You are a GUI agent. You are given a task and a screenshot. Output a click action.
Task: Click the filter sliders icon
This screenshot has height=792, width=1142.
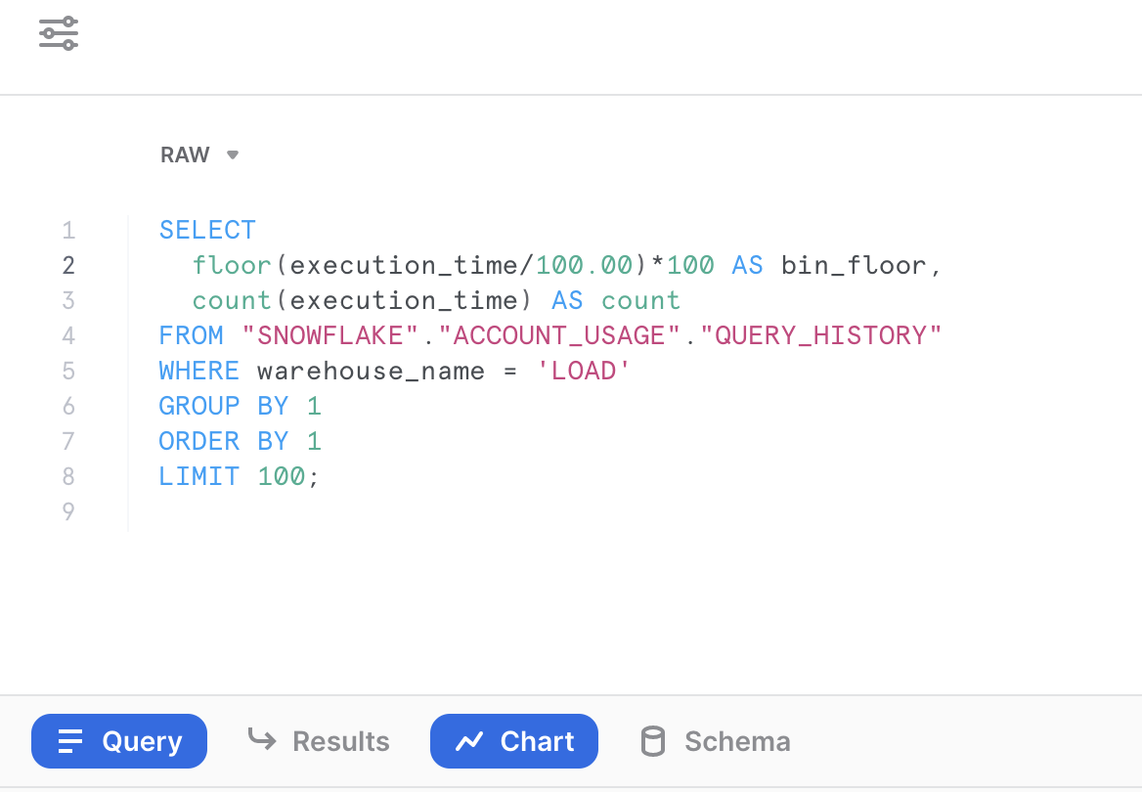[x=59, y=33]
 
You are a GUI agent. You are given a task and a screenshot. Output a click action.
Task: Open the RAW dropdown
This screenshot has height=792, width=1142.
[x=199, y=154]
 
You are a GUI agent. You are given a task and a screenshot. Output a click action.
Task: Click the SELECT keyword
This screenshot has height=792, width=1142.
[x=207, y=230]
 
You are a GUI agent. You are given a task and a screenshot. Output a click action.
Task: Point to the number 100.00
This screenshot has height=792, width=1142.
[x=584, y=265]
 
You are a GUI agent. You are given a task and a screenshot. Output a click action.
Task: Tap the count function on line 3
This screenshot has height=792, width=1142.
[x=232, y=300]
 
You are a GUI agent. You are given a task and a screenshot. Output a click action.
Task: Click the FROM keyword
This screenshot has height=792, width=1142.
[x=192, y=335]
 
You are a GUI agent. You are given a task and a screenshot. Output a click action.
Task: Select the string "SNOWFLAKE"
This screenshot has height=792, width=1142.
[x=330, y=335]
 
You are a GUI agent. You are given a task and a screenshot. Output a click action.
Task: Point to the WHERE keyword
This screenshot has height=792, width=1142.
[x=199, y=371]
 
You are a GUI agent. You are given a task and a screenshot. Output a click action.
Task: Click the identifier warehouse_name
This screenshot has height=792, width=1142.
[x=371, y=371]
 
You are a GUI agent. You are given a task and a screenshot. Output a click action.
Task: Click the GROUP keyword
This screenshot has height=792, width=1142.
[x=199, y=406]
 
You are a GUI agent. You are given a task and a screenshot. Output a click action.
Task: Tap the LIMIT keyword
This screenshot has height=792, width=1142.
[x=199, y=476]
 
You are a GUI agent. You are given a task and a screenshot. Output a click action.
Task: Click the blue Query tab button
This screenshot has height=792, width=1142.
[x=119, y=741]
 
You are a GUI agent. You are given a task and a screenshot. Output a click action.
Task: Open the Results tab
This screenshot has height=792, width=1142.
[x=319, y=741]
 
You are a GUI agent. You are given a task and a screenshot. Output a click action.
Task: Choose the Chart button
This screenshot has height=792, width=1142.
[x=514, y=741]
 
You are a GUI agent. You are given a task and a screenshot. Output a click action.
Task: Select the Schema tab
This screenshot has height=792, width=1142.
[x=715, y=741]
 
